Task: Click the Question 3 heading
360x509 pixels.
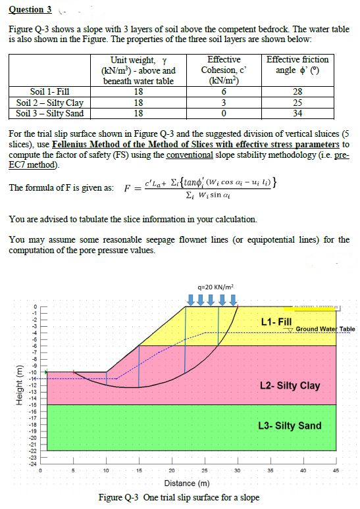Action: pyautogui.click(x=30, y=9)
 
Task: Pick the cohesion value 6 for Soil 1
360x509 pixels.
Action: pyautogui.click(x=224, y=92)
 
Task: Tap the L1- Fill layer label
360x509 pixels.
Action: pyautogui.click(x=276, y=322)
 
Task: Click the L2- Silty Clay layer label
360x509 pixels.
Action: pyautogui.click(x=290, y=385)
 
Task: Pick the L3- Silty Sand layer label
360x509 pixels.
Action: pyautogui.click(x=290, y=425)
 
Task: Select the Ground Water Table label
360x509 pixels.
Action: pyautogui.click(x=325, y=329)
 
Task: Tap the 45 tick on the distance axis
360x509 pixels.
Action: pyautogui.click(x=336, y=470)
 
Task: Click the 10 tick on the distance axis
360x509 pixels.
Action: pyautogui.click(x=106, y=470)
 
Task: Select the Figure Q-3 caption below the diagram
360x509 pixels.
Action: pyautogui.click(x=178, y=497)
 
